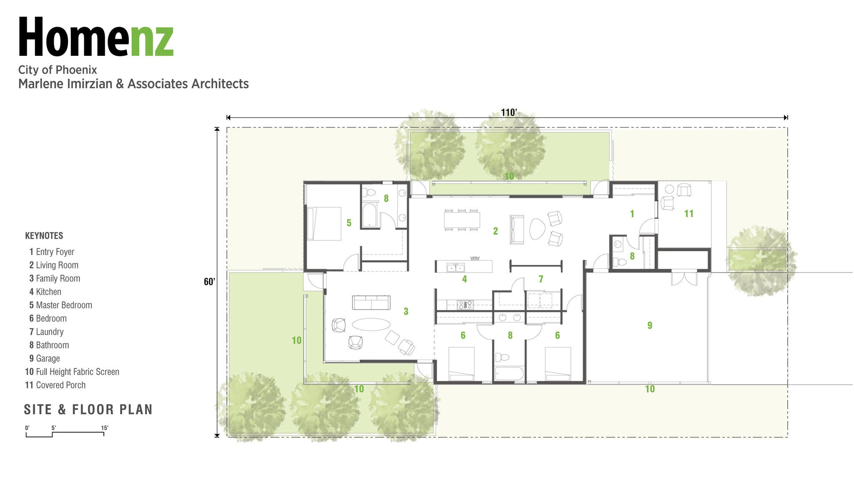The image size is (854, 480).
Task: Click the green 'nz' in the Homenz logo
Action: click(x=151, y=41)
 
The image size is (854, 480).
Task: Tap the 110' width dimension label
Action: click(x=509, y=112)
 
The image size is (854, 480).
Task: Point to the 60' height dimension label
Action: click(x=209, y=282)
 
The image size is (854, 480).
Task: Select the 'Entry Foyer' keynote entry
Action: click(x=52, y=252)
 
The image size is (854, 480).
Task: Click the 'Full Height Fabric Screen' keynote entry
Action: click(x=72, y=372)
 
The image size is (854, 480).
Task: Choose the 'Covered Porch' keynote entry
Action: click(x=55, y=385)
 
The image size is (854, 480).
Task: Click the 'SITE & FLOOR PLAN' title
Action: click(x=88, y=410)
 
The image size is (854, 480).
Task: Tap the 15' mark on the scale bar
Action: click(x=105, y=428)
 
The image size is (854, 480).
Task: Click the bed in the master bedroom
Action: click(x=324, y=224)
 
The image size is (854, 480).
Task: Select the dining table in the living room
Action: click(x=462, y=220)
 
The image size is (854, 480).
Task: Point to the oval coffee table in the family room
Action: click(x=372, y=325)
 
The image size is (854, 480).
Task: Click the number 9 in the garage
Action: click(x=650, y=325)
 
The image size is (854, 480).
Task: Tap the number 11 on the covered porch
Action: click(x=689, y=214)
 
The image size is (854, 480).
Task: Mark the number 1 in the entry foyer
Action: click(x=632, y=214)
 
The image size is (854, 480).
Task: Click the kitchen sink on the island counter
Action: click(x=456, y=267)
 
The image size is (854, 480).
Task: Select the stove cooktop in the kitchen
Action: click(x=465, y=305)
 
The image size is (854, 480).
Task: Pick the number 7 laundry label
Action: click(x=541, y=279)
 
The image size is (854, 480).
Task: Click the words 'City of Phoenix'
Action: click(x=58, y=70)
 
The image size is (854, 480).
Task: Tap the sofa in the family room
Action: click(x=371, y=302)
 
